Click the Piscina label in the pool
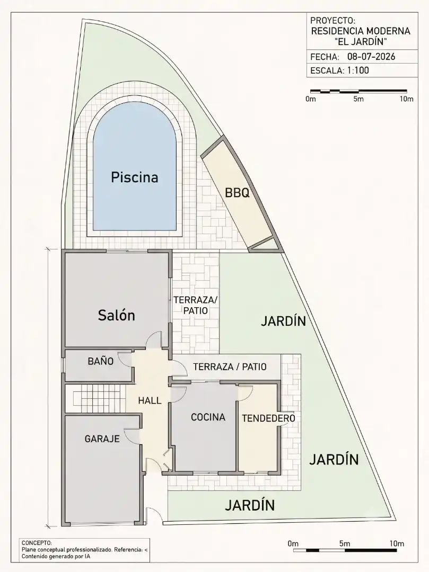pyautogui.click(x=134, y=177)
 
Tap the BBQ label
pyautogui.click(x=237, y=193)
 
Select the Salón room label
pyautogui.click(x=117, y=315)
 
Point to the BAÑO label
pyautogui.click(x=101, y=361)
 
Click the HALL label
pyautogui.click(x=150, y=400)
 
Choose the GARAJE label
pyautogui.click(x=102, y=439)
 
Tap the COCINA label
pyautogui.click(x=208, y=417)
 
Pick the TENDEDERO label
pyautogui.click(x=268, y=418)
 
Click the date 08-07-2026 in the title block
pyautogui.click(x=371, y=57)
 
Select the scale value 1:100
pyautogui.click(x=358, y=70)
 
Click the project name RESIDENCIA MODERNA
pyautogui.click(x=361, y=31)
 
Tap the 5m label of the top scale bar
pyautogui.click(x=358, y=99)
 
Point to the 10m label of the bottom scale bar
pyautogui.click(x=397, y=543)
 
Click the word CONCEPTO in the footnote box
pyautogui.click(x=37, y=543)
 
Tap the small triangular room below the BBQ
pyautogui.click(x=264, y=246)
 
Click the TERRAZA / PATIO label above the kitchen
pyautogui.click(x=230, y=367)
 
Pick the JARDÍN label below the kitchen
pyautogui.click(x=250, y=505)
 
